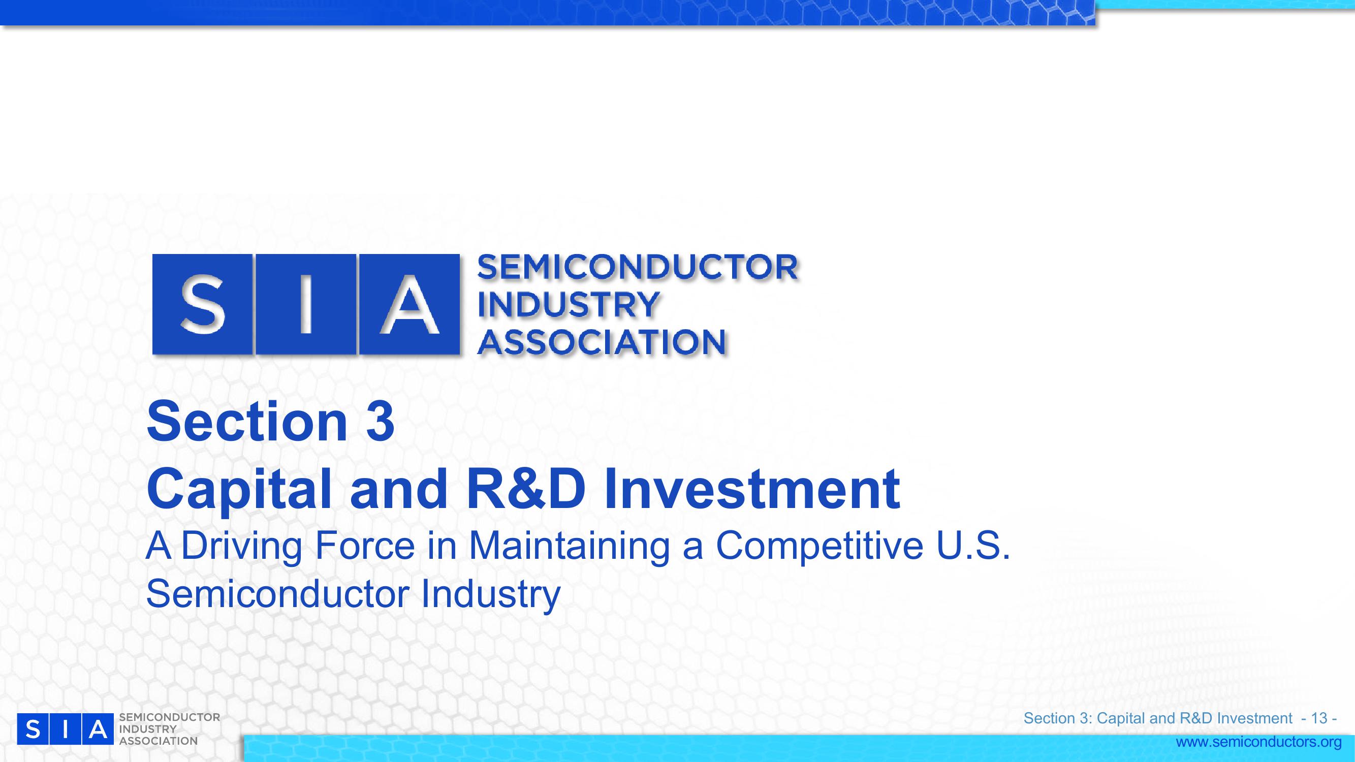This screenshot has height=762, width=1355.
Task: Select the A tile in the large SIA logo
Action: tap(409, 304)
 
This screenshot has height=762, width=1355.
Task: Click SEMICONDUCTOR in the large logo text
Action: tap(638, 267)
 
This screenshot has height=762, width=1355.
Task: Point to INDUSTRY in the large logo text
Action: tap(568, 305)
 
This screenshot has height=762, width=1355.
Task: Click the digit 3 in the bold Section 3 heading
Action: tap(381, 422)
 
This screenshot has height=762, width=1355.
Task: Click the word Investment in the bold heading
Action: tap(752, 489)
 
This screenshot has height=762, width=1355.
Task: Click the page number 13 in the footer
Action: tap(1319, 718)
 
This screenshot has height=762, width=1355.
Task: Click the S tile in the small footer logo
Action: tap(33, 729)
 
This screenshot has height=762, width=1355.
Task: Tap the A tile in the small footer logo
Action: tap(98, 729)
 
